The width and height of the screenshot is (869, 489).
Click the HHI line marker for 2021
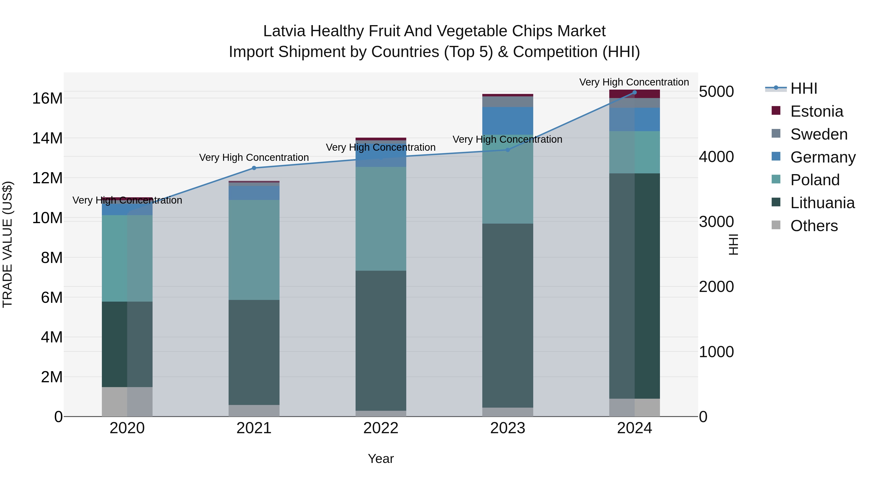(x=254, y=168)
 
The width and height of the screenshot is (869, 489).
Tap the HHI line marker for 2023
(x=508, y=150)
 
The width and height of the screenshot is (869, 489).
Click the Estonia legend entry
(x=816, y=111)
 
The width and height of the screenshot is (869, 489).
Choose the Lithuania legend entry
(x=822, y=203)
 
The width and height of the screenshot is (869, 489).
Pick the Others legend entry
(x=814, y=226)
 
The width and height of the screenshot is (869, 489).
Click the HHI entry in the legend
(x=804, y=88)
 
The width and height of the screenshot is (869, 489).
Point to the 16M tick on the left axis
(x=47, y=99)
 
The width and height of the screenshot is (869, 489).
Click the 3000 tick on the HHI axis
(x=716, y=222)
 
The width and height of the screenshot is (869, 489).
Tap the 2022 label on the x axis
(x=381, y=428)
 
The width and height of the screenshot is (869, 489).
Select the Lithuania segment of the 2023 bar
(x=508, y=316)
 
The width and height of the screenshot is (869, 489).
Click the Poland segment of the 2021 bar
(x=254, y=250)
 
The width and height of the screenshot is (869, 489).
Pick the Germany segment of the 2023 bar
(x=508, y=121)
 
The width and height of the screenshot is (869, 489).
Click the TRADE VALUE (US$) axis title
(x=7, y=244)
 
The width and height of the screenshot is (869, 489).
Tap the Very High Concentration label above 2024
(x=634, y=82)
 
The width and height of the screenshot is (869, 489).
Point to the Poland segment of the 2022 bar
(x=381, y=219)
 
